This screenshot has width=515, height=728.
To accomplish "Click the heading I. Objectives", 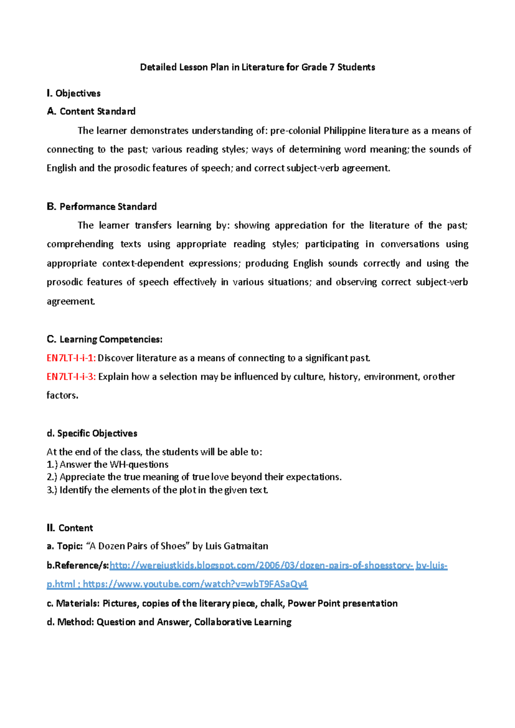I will [x=73, y=94].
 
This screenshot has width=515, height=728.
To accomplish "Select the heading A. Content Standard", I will [x=91, y=112].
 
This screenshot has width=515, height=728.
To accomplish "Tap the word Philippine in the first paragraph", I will [x=345, y=131].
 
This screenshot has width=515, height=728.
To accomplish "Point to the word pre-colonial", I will [x=295, y=131].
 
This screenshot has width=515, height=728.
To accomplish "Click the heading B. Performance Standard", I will [x=101, y=207].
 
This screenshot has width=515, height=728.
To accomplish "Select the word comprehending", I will [x=80, y=245].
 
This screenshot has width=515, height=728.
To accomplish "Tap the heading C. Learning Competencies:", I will [x=104, y=340].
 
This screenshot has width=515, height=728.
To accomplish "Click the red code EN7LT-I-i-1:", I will [x=71, y=358].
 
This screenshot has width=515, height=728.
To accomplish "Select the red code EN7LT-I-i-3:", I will [x=71, y=377].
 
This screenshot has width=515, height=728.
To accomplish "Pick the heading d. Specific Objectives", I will [x=92, y=434].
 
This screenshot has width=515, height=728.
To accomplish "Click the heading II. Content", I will [x=70, y=528].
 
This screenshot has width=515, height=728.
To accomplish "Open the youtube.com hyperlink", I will [x=195, y=584].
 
